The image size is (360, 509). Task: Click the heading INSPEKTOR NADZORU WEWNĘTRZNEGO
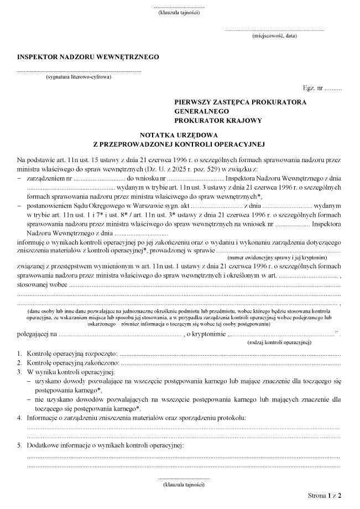click(x=88, y=56)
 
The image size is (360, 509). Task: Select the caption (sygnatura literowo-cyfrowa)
click(x=79, y=77)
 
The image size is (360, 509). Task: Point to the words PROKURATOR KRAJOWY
click(x=217, y=120)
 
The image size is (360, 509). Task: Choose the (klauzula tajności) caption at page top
click(x=179, y=12)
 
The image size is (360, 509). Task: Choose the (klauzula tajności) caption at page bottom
click(x=184, y=484)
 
